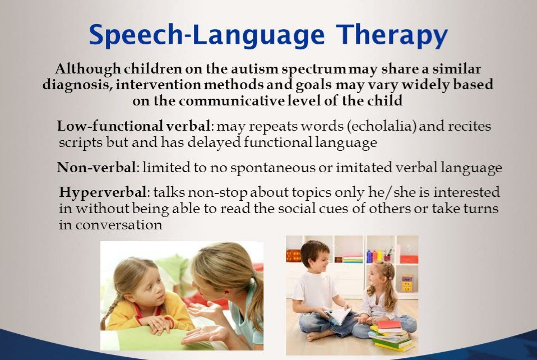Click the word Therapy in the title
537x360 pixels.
click(392, 35)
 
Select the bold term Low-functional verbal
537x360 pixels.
click(133, 126)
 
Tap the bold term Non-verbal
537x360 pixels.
click(96, 168)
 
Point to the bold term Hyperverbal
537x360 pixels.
click(103, 192)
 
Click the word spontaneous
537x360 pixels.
click(273, 168)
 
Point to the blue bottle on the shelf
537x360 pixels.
click(369, 256)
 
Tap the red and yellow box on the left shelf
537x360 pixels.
click(293, 256)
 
